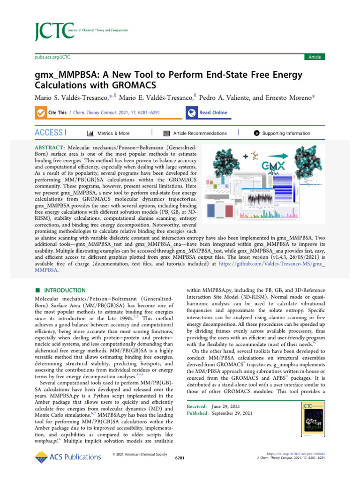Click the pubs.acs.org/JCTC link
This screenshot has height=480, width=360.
(x=52, y=57)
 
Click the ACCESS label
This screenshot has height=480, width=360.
(x=49, y=133)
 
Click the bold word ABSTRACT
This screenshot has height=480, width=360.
(x=50, y=148)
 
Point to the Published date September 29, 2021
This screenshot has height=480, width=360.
(x=232, y=413)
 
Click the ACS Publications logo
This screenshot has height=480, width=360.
(x=61, y=457)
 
